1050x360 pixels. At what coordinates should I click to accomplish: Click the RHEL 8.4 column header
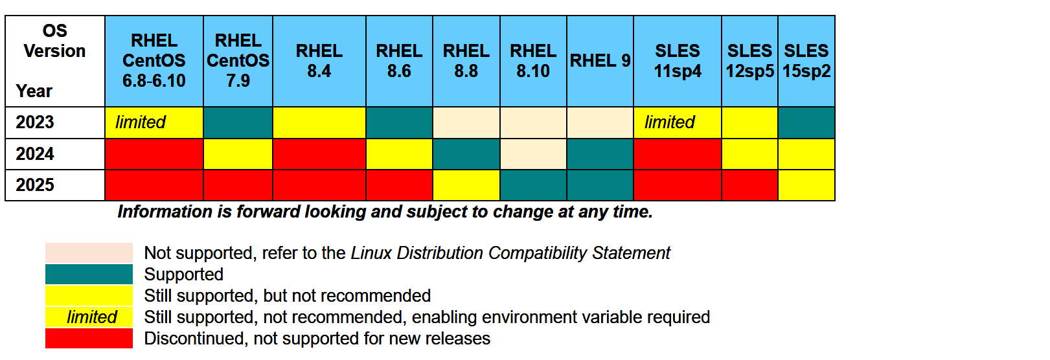point(319,61)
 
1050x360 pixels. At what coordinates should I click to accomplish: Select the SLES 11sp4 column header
point(678,61)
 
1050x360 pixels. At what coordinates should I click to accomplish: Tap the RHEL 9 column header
point(600,61)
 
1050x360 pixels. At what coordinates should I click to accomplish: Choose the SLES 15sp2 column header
point(806,61)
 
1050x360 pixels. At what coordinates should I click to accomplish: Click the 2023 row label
point(35,122)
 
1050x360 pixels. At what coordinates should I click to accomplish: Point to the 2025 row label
point(35,185)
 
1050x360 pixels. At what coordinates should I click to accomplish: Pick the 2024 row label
point(35,153)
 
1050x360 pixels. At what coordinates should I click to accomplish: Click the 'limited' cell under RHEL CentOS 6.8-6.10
point(154,123)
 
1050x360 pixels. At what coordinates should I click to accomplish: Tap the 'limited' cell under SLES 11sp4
point(678,123)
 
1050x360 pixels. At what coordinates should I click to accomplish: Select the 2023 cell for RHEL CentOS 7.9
point(238,123)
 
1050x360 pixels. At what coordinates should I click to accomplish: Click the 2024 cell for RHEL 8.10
point(534,154)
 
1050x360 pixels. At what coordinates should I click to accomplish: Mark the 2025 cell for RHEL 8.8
point(466,186)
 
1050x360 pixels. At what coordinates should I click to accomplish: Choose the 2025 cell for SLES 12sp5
point(750,186)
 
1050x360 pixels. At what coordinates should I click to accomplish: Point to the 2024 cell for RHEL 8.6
point(400,154)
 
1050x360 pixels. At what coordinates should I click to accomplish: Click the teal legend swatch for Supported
point(89,275)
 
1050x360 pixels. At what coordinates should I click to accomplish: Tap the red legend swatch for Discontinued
point(89,339)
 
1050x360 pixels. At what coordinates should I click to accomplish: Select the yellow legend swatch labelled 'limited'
point(89,317)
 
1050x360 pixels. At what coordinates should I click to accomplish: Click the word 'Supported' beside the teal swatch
point(184,275)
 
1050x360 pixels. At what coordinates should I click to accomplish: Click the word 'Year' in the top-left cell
point(34,91)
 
